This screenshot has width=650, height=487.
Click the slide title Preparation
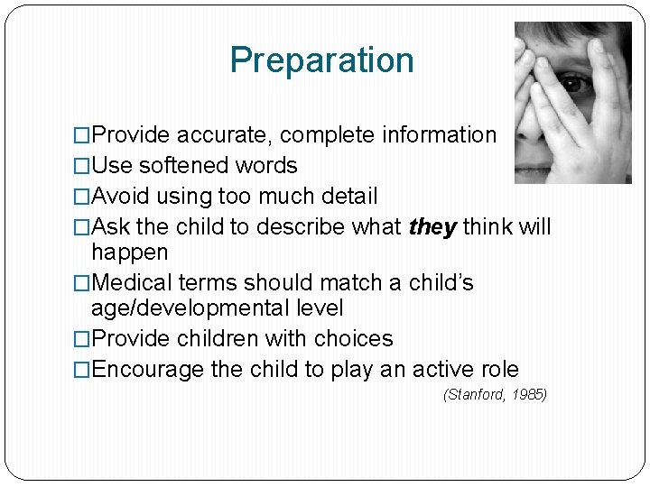(321, 60)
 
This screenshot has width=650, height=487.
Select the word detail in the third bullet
(348, 197)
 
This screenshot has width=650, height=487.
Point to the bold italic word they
(432, 227)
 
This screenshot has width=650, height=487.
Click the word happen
(129, 252)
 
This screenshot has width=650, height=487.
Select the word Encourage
(149, 370)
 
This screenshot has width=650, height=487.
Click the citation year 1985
(526, 394)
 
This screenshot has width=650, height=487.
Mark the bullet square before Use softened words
(82, 167)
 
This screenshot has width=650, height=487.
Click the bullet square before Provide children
(82, 340)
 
